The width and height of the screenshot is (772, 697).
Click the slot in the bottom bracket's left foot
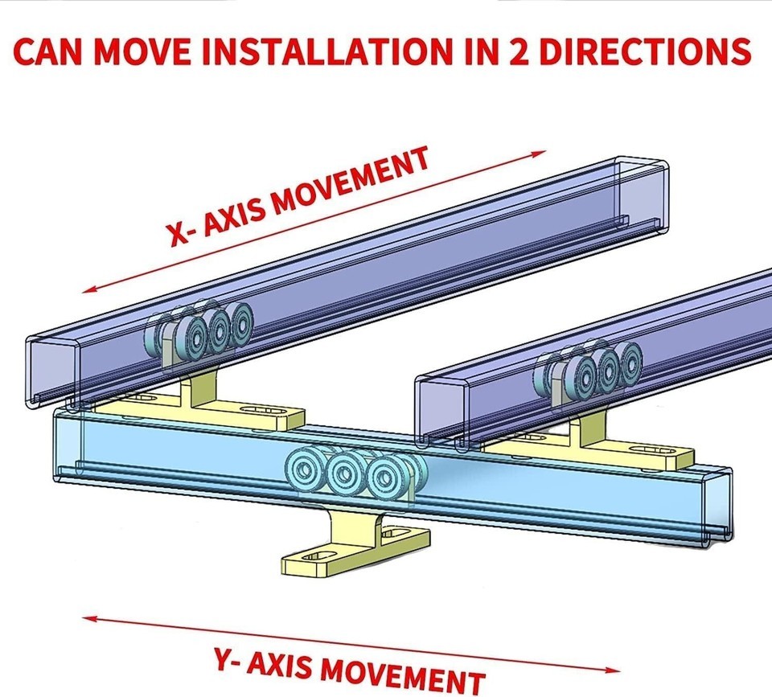pos(315,556)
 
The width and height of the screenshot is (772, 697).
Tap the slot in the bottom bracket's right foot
pos(398,533)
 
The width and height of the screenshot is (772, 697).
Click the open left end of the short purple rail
pos(441,411)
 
